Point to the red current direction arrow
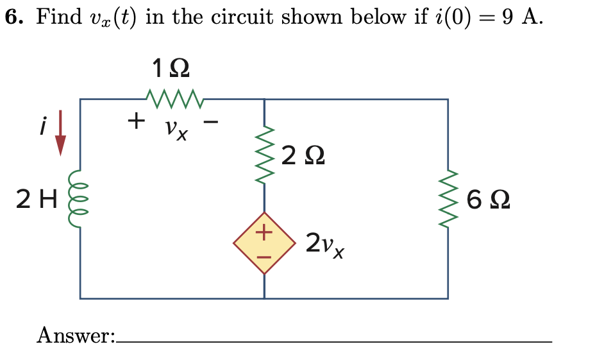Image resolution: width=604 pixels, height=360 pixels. [61, 133]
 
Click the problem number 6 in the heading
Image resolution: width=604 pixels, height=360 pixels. [11, 17]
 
